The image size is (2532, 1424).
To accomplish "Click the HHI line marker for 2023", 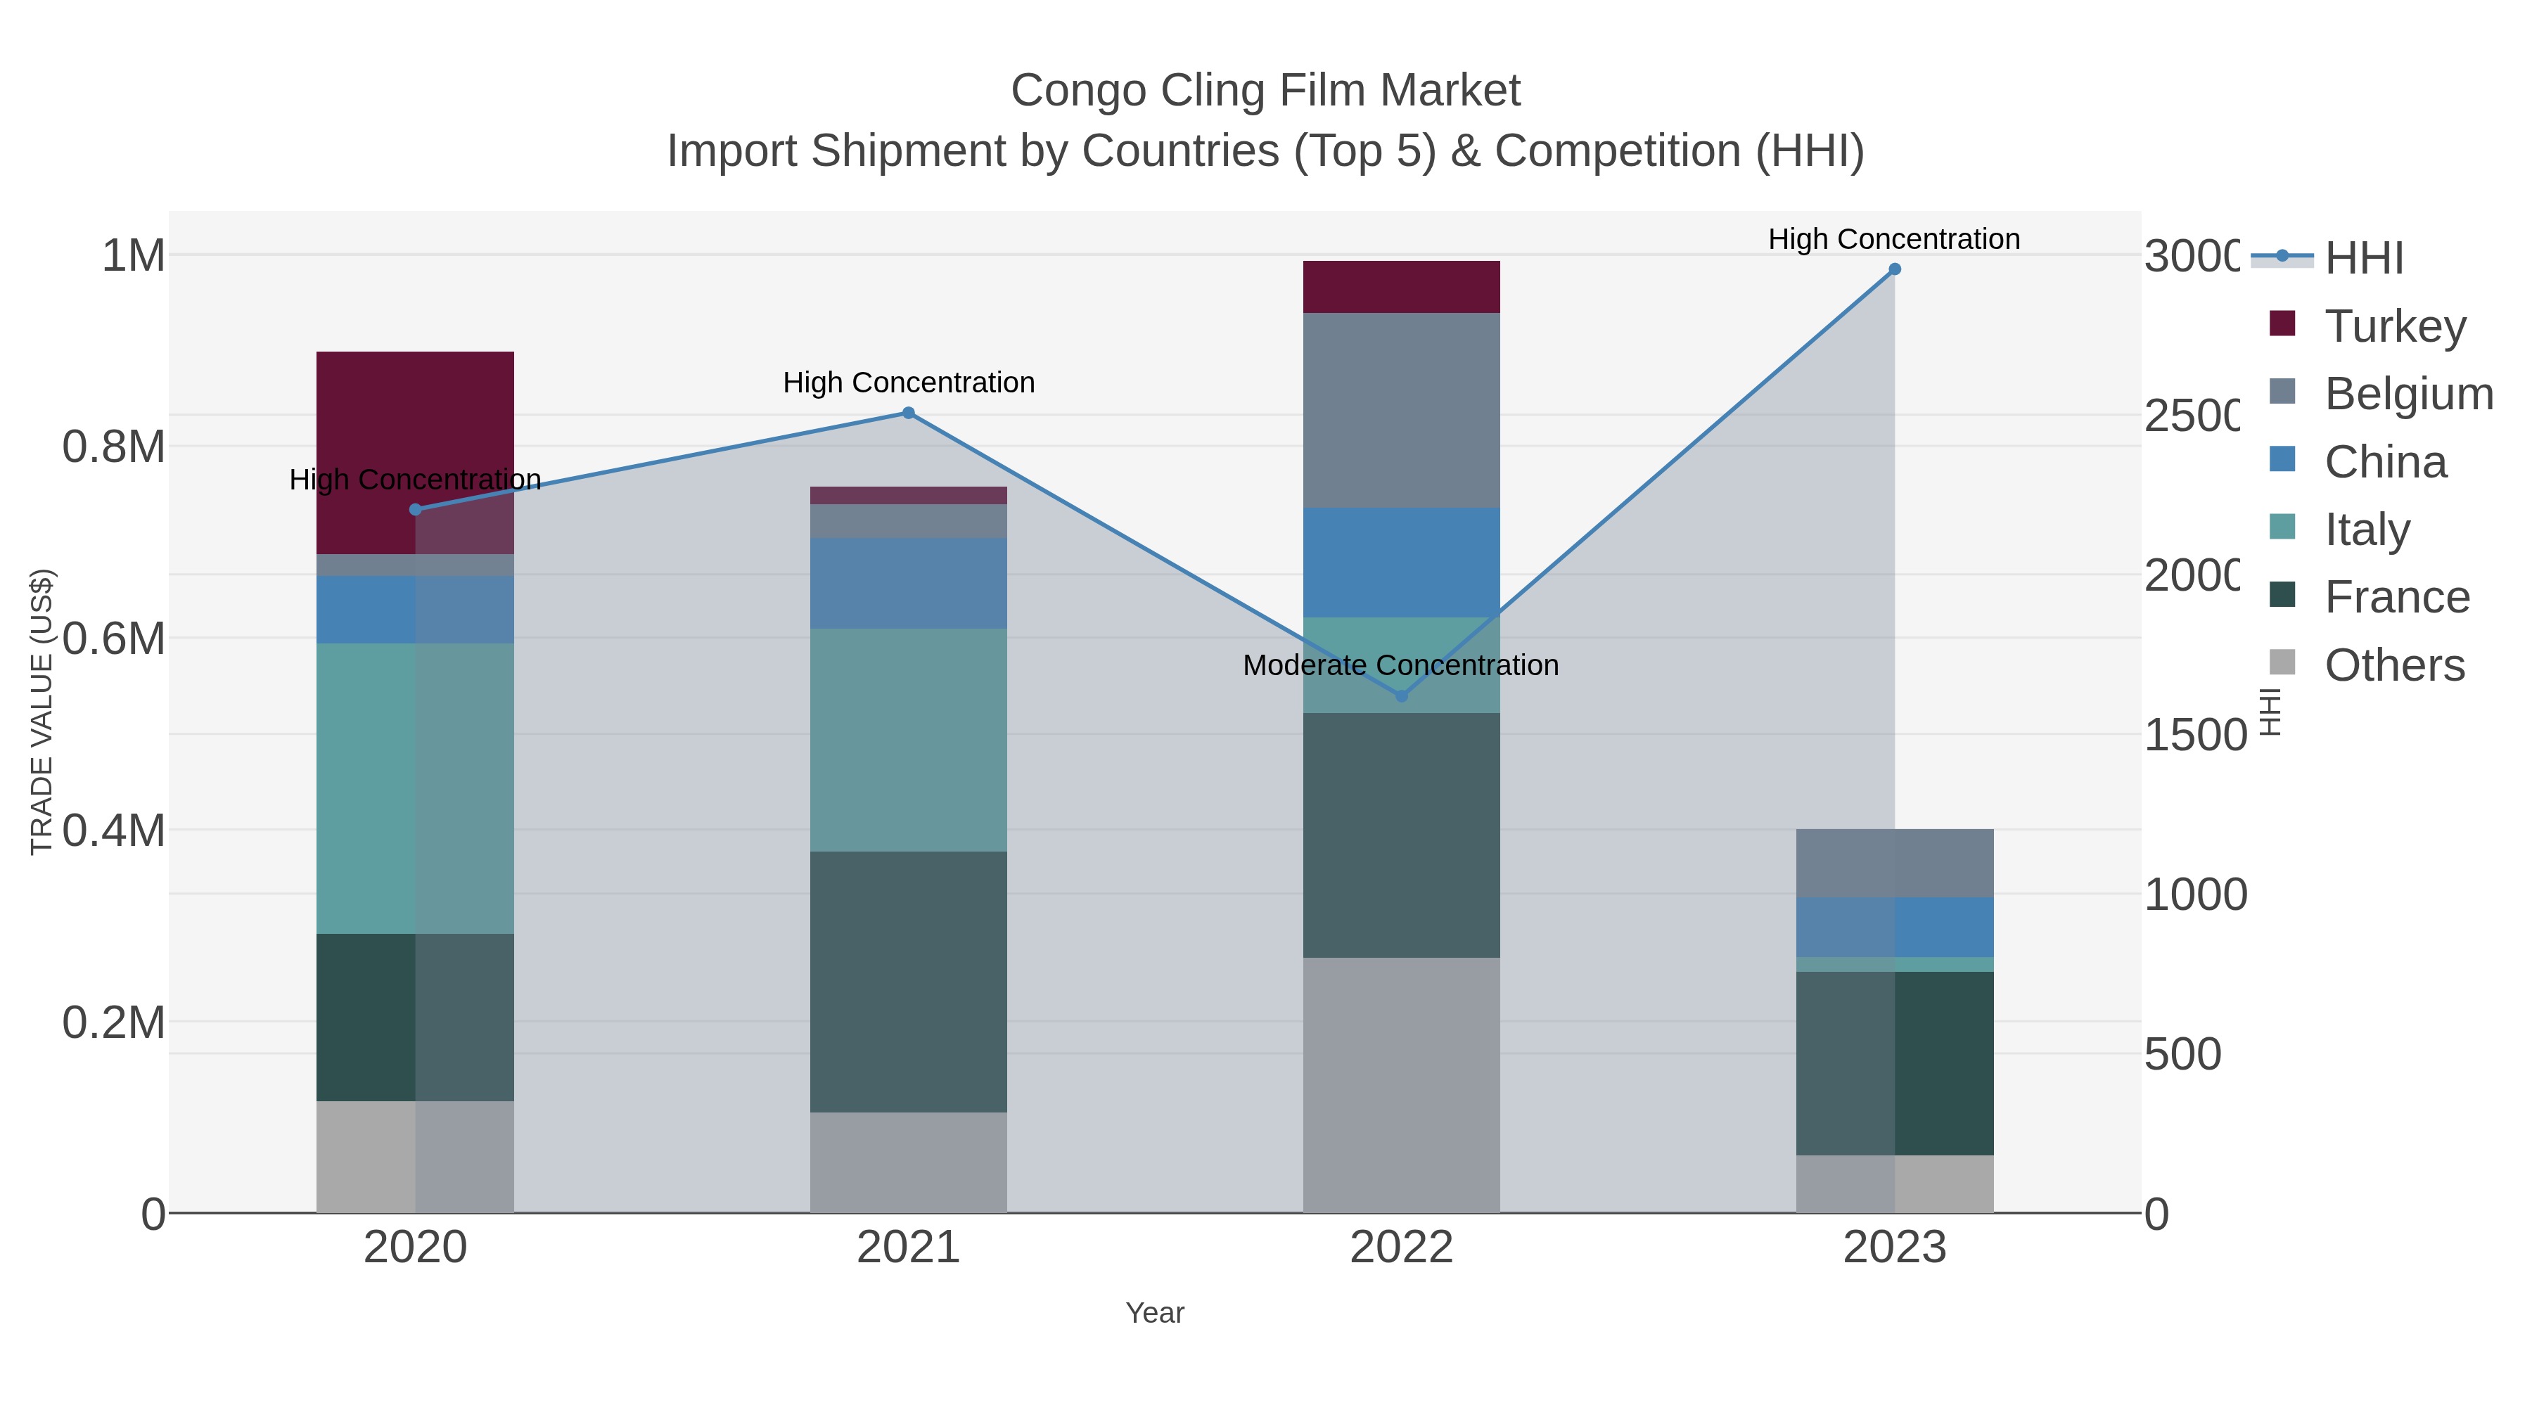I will coord(1894,269).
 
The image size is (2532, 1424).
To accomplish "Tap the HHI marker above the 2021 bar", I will coord(908,413).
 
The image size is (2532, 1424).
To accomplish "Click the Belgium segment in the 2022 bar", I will coord(1402,410).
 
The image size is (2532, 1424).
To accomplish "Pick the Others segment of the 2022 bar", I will coord(1402,1085).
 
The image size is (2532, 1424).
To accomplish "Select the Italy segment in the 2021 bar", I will coord(908,740).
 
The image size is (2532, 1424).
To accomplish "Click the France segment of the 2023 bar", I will coord(1894,1063).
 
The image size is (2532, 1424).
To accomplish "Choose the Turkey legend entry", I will coord(2394,326).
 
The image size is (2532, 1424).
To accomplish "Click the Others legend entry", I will coord(2394,665).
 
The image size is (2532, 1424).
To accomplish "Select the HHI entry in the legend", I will coord(2364,257).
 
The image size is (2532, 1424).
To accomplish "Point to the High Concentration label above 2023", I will coord(1894,239).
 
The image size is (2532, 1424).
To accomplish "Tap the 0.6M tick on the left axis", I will coord(114,639).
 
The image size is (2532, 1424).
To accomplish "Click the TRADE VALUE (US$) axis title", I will coord(41,712).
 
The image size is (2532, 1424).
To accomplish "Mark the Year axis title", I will coord(1155,1313).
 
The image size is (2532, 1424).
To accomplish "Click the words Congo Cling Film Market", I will coord(1265,91).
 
